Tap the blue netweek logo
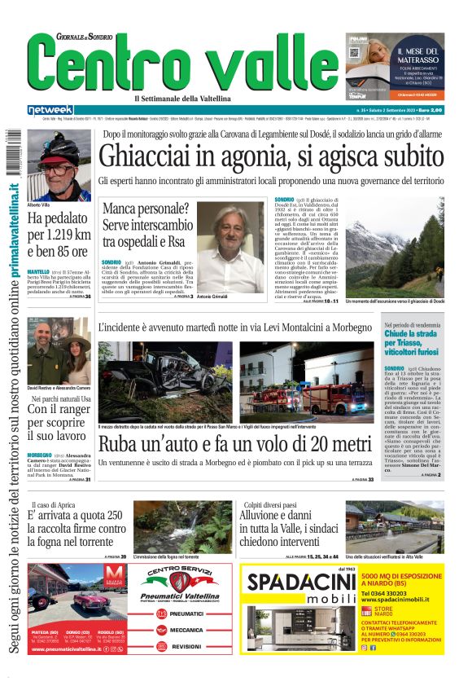click(x=50, y=110)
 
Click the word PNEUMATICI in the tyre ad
click(x=189, y=613)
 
